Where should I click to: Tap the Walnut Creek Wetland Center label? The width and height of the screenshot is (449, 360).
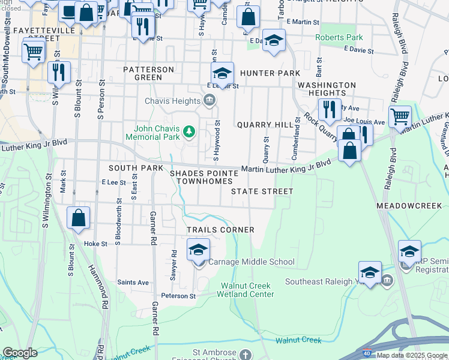[x=247, y=290]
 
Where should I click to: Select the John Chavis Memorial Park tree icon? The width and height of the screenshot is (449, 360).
[x=189, y=131]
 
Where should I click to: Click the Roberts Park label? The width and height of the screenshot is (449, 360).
[x=339, y=37]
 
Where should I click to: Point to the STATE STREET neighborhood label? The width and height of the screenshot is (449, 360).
[x=262, y=191]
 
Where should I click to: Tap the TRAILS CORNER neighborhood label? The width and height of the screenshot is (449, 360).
[x=220, y=230]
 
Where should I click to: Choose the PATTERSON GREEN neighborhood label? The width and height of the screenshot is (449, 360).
[x=148, y=73]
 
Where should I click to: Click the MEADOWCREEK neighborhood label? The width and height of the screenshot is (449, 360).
[x=412, y=205]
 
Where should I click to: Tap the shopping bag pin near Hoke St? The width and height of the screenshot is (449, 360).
[x=79, y=218]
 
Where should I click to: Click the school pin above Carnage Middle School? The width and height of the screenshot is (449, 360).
[x=198, y=250]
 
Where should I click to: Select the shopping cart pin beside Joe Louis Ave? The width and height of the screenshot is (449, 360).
[x=400, y=116]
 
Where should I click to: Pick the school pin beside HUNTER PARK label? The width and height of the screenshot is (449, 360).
[x=222, y=74]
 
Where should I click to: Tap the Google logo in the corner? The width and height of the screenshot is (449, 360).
[x=19, y=352]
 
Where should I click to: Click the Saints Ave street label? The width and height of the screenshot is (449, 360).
[x=133, y=283]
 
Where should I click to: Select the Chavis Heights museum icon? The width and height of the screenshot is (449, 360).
[x=209, y=100]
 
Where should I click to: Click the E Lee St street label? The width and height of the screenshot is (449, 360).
[x=113, y=182]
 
